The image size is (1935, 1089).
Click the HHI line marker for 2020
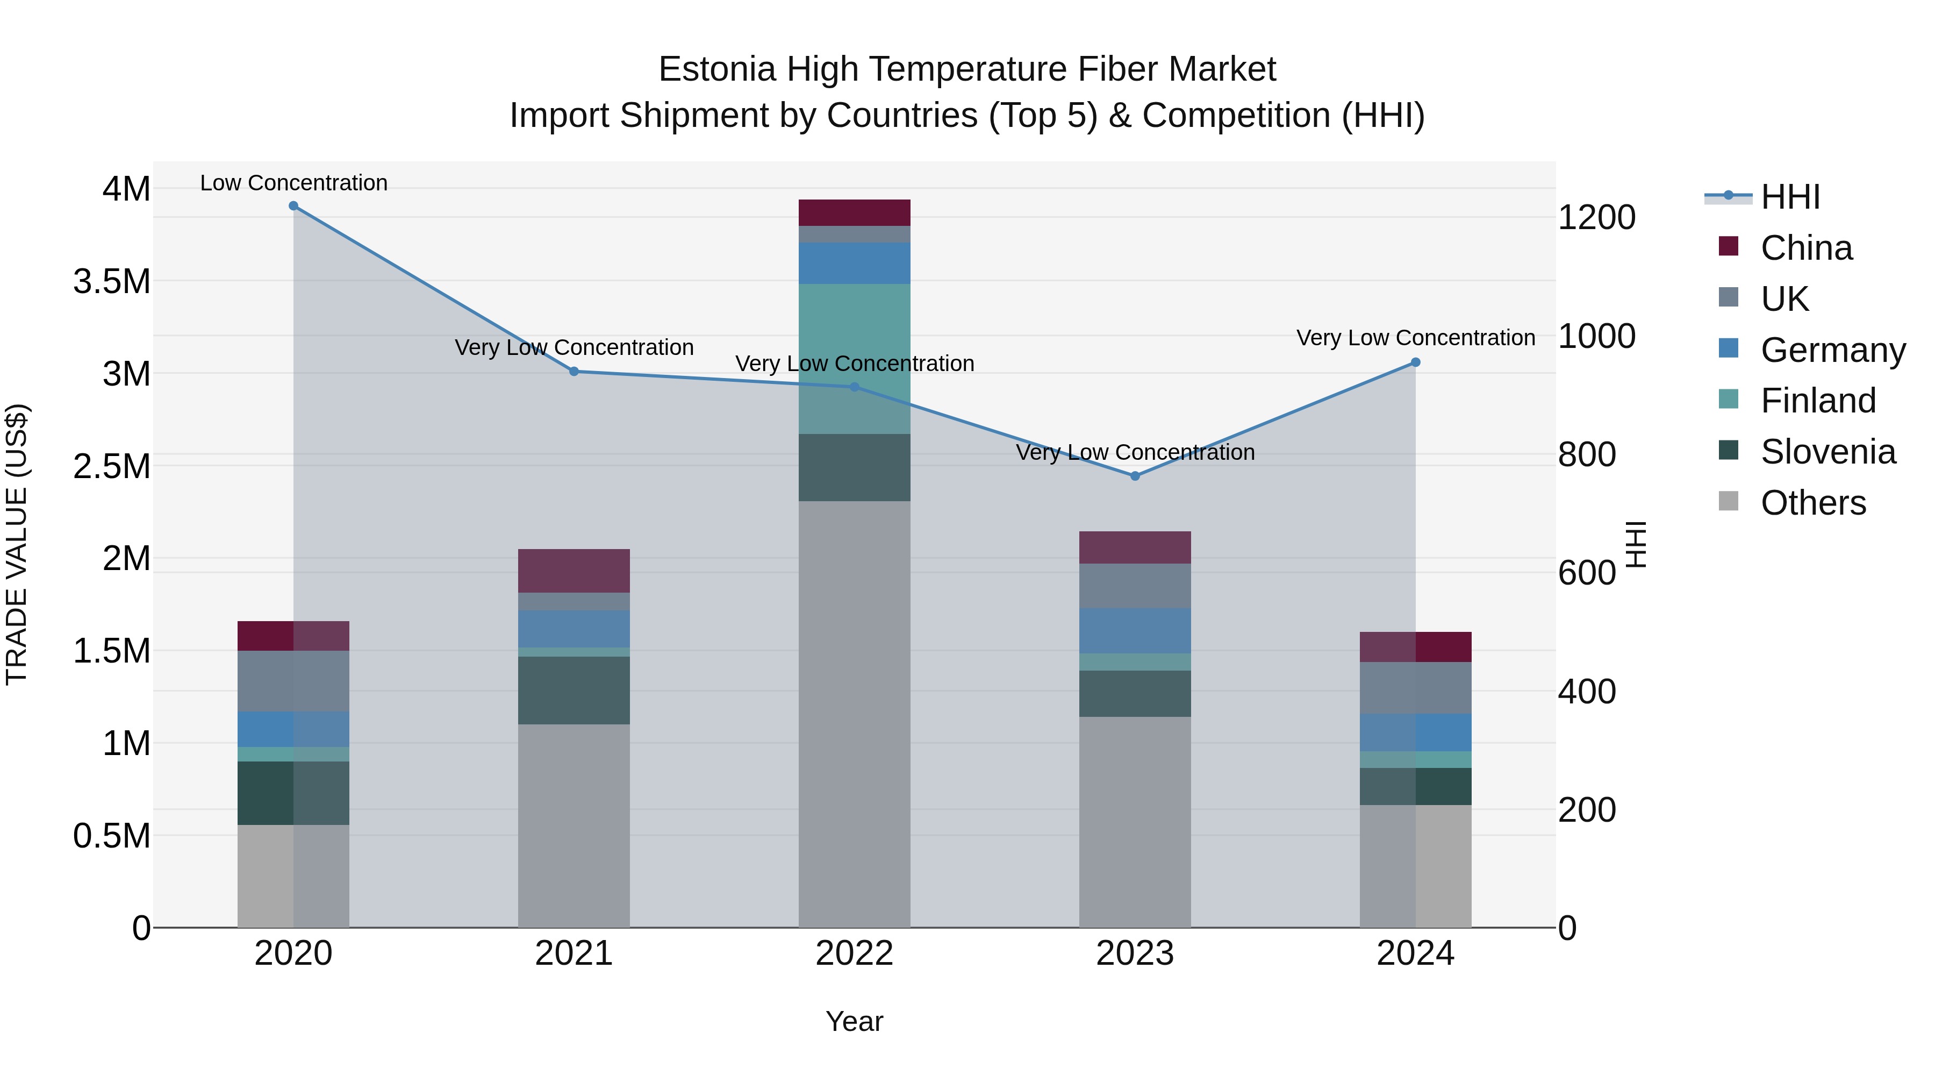pyautogui.click(x=293, y=206)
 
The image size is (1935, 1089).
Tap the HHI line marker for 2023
pyautogui.click(x=1135, y=476)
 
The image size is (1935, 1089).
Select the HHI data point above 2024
pyautogui.click(x=1415, y=362)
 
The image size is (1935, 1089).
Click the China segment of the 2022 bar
pyautogui.click(x=854, y=212)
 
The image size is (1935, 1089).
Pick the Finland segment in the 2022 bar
pyautogui.click(x=854, y=359)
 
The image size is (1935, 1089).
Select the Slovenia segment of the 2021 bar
pyautogui.click(x=574, y=690)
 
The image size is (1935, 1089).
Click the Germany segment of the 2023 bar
pyautogui.click(x=1135, y=631)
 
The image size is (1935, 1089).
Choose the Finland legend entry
pyautogui.click(x=1817, y=401)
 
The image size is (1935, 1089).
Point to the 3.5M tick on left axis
pyautogui.click(x=111, y=282)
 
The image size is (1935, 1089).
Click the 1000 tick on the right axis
pyautogui.click(x=1596, y=336)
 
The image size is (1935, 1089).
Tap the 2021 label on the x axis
pyautogui.click(x=574, y=953)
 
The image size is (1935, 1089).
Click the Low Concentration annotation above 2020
pyautogui.click(x=293, y=183)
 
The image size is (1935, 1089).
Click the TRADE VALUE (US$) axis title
pyautogui.click(x=17, y=544)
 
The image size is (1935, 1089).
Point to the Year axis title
pyautogui.click(x=854, y=1021)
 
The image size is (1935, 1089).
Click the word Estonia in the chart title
pyautogui.click(x=716, y=69)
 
